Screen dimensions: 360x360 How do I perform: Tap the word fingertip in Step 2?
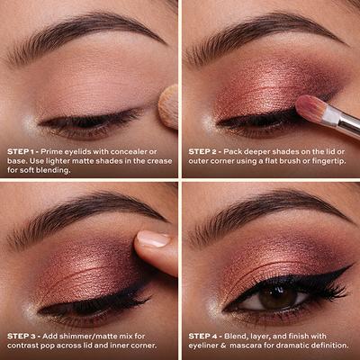(328, 161)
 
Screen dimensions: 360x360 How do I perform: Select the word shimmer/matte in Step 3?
(95, 336)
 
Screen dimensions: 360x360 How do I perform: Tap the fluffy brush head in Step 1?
(168, 106)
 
